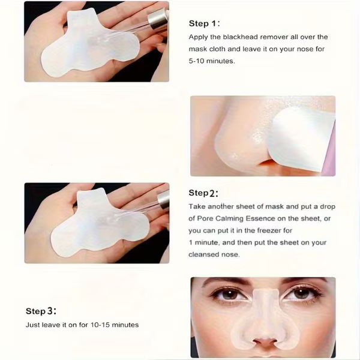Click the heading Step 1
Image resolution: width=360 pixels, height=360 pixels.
click(x=204, y=23)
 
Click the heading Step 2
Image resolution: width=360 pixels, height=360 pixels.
click(x=203, y=193)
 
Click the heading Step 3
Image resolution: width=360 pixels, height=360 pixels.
click(x=41, y=311)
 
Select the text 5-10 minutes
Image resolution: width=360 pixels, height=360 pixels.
click(x=212, y=61)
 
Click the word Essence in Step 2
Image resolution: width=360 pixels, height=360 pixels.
click(x=260, y=218)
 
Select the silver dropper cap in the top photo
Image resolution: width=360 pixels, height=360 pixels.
click(x=158, y=19)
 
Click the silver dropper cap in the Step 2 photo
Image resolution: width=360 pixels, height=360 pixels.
click(x=164, y=199)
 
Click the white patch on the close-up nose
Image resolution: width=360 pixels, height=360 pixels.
click(x=301, y=140)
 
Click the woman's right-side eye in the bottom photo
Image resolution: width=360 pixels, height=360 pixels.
click(x=301, y=294)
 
